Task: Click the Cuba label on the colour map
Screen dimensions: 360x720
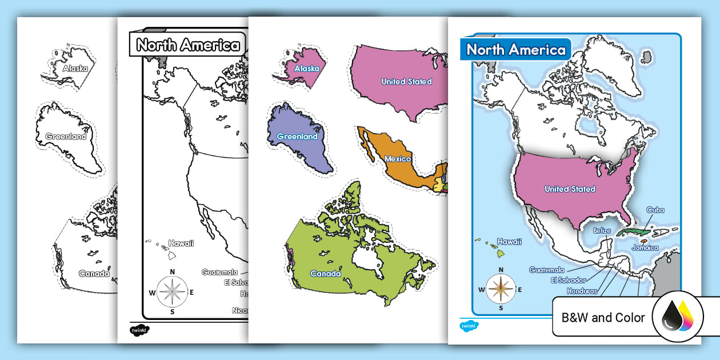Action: [x=655, y=210]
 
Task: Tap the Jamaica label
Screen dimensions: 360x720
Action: [x=645, y=248]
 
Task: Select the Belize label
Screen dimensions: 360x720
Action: [x=602, y=231]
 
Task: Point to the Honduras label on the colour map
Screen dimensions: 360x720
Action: [x=582, y=291]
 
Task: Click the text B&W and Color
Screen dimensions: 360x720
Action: [x=603, y=318]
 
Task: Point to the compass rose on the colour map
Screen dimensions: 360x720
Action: [x=501, y=290]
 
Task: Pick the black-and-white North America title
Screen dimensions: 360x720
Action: [x=188, y=45]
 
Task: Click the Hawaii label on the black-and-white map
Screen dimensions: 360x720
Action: [x=181, y=243]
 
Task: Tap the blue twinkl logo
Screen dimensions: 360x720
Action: [x=469, y=326]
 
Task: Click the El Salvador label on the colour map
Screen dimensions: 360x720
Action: [x=568, y=281]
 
